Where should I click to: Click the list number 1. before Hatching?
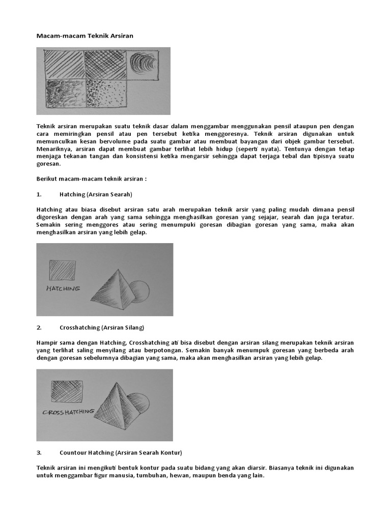39,194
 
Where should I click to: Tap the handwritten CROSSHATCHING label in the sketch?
68,412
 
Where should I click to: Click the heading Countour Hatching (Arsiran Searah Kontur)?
121,452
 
